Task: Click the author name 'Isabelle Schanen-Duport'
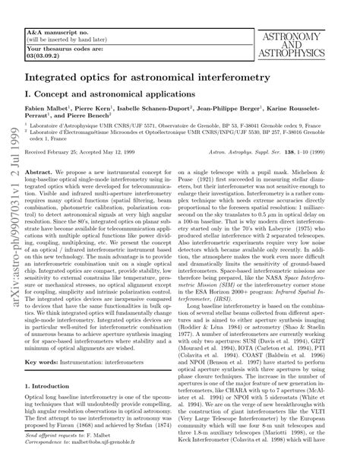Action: point(152,110)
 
